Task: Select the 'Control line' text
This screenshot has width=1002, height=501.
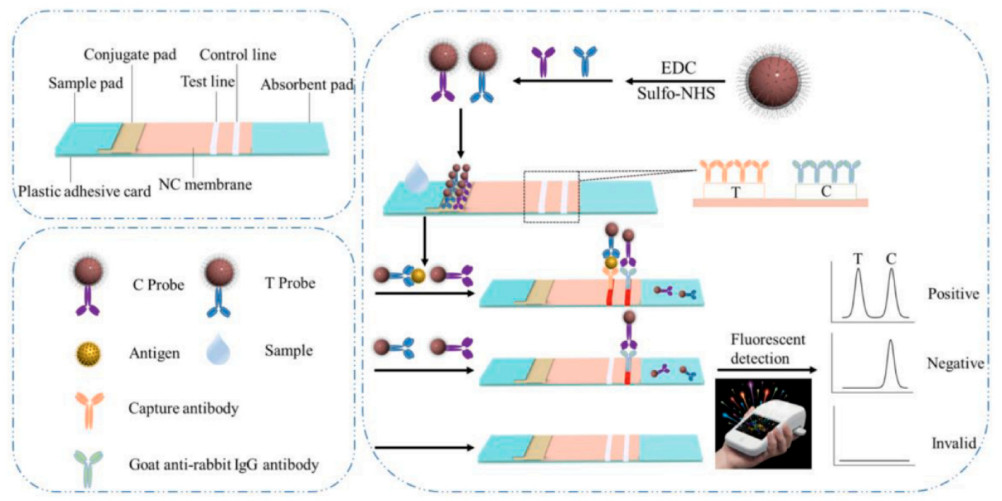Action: pos(238,55)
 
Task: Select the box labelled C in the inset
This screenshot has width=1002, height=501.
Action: pos(826,191)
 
